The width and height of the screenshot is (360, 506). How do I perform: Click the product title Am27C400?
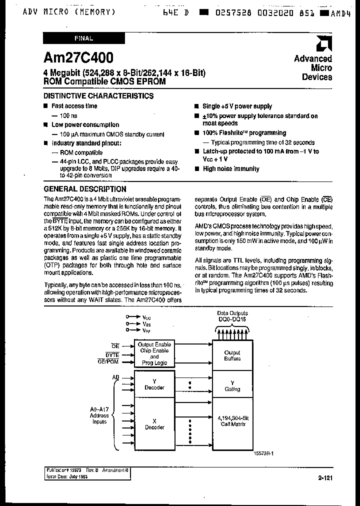click(78, 57)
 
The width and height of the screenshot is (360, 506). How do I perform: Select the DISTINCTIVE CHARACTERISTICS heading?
click(98, 95)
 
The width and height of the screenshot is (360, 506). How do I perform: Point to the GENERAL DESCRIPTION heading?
click(85, 189)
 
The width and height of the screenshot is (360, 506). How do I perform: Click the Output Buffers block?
click(232, 355)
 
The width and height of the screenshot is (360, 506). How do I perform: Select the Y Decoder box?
click(154, 384)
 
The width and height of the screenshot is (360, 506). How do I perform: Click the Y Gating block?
click(232, 385)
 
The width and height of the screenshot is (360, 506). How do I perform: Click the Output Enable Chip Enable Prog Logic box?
click(154, 353)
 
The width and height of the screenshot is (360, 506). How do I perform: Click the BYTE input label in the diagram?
click(112, 354)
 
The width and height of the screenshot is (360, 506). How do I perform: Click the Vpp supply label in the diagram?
click(146, 330)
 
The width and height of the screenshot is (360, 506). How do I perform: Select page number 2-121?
click(324, 478)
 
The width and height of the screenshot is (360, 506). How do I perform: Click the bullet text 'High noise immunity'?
click(230, 169)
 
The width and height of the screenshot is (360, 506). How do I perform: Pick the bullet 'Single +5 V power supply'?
click(237, 106)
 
